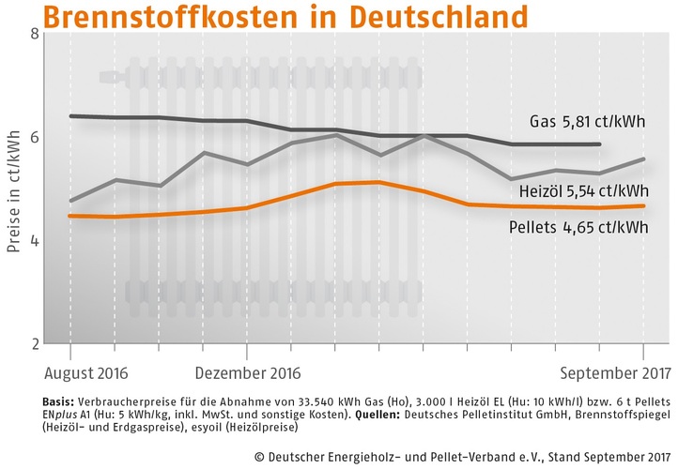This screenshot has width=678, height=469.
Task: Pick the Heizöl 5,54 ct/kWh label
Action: click(584, 193)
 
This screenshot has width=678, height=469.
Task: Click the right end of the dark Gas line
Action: click(599, 144)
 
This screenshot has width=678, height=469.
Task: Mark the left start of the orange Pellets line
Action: click(71, 216)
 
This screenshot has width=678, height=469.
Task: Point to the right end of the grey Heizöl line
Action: click(643, 159)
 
